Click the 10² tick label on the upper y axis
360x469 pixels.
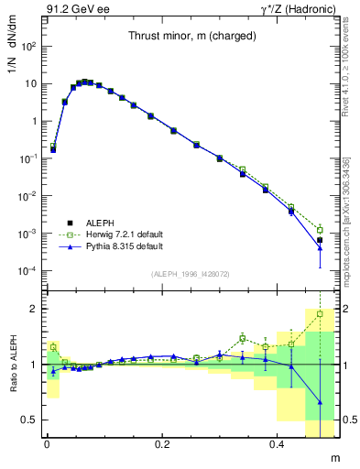pos(29,46)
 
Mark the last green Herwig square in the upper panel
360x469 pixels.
pos(320,230)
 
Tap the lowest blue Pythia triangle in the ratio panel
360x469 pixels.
pos(320,402)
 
